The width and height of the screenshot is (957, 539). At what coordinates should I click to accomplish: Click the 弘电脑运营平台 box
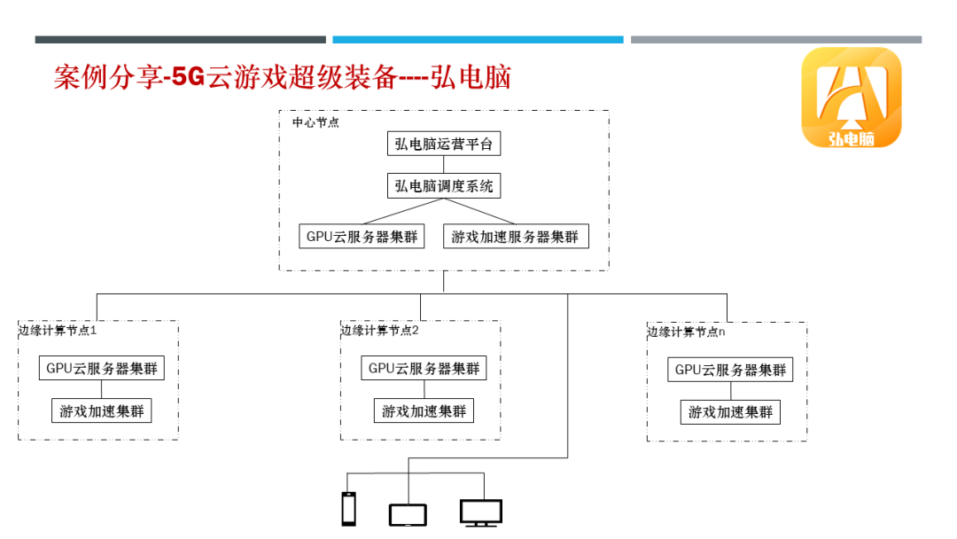pyautogui.click(x=444, y=144)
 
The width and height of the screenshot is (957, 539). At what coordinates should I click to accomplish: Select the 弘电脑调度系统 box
pyautogui.click(x=444, y=186)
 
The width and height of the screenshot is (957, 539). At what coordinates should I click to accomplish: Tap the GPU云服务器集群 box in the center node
pyautogui.click(x=362, y=237)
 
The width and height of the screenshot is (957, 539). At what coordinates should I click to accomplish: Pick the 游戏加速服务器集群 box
pyautogui.click(x=515, y=237)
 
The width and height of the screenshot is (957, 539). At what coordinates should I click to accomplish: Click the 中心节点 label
pyautogui.click(x=315, y=123)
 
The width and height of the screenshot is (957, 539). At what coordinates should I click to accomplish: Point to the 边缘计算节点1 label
pyautogui.click(x=58, y=331)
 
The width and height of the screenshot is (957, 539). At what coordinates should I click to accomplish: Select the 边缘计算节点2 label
pyautogui.click(x=380, y=331)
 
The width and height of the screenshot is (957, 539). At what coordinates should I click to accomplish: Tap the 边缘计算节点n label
pyautogui.click(x=686, y=332)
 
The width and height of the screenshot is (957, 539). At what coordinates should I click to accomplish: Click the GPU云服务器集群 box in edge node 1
pyautogui.click(x=102, y=368)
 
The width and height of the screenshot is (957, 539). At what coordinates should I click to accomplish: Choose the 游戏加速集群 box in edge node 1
pyautogui.click(x=102, y=411)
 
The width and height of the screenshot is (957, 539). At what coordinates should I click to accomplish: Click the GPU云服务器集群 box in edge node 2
pyautogui.click(x=424, y=368)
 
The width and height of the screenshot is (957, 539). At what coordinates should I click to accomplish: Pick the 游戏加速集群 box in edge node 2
pyautogui.click(x=424, y=411)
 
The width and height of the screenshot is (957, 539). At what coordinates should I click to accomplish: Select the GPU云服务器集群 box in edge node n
pyautogui.click(x=730, y=370)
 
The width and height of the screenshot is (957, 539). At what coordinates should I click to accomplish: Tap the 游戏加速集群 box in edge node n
pyautogui.click(x=730, y=412)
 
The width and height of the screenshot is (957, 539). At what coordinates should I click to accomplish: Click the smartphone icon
pyautogui.click(x=349, y=510)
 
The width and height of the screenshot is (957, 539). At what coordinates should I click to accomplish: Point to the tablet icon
pyautogui.click(x=408, y=514)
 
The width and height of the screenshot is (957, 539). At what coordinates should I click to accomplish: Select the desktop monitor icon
pyautogui.click(x=481, y=512)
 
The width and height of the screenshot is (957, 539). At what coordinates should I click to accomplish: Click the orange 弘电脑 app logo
pyautogui.click(x=852, y=98)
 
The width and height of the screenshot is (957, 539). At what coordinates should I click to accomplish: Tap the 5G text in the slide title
pyautogui.click(x=188, y=78)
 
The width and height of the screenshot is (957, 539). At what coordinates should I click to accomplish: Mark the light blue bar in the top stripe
pyautogui.click(x=478, y=40)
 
